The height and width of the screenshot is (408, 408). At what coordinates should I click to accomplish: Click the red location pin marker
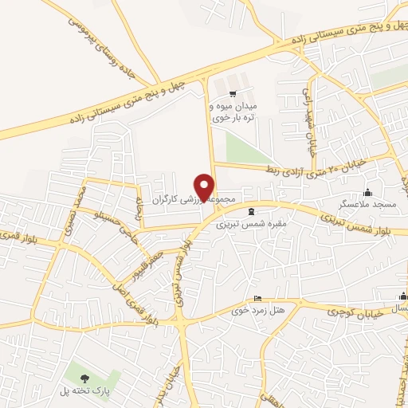205,187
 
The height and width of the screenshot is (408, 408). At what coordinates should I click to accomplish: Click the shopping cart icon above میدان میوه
232,93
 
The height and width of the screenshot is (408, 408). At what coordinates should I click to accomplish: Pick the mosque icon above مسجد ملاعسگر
367,191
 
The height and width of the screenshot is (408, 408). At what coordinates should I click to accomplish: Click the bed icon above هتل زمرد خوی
256,299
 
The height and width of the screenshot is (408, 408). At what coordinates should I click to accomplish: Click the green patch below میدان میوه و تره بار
239,147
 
